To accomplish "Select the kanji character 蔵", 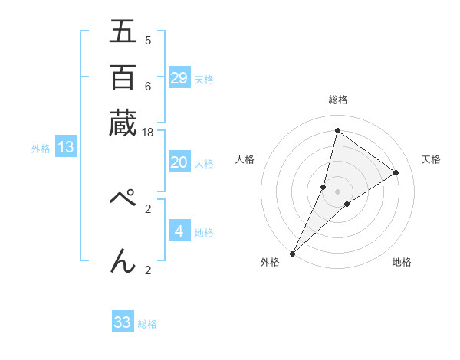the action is tap(123, 123).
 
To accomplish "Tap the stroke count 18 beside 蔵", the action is tap(148, 133).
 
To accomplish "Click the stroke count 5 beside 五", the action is tap(148, 40).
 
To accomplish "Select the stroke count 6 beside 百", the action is tap(148, 86).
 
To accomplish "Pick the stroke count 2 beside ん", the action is tap(148, 270).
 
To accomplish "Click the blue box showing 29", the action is tap(179, 77).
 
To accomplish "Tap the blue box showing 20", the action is tap(179, 162).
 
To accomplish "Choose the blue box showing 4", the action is tap(179, 231).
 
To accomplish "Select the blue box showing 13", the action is tap(65, 147).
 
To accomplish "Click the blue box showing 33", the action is tap(123, 322).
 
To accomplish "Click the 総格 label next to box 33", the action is tap(147, 324).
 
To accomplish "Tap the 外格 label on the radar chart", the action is tap(270, 263).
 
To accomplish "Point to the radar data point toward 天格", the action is tap(396, 172).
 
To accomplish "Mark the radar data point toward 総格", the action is tap(337, 130).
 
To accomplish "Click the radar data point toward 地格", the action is tap(347, 204).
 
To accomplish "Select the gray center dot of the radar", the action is tap(337, 191).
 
